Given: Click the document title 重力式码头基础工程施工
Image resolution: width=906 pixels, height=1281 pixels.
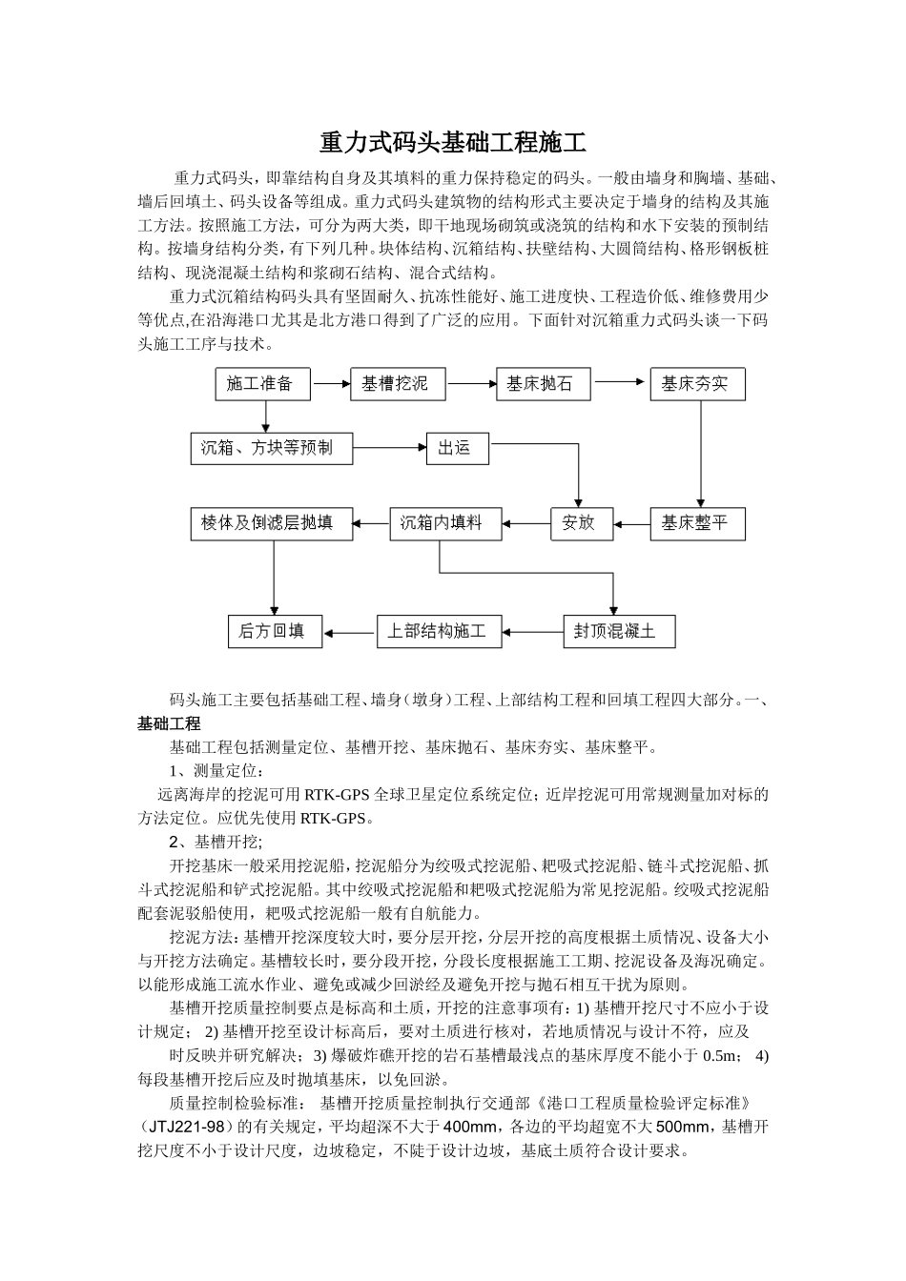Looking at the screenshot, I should (x=452, y=144).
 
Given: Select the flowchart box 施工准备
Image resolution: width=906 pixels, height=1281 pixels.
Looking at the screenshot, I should (x=260, y=384).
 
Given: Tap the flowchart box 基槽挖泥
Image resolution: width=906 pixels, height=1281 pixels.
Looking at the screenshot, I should (x=398, y=384).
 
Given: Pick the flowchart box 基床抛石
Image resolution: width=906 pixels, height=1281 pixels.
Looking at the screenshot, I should (x=543, y=384).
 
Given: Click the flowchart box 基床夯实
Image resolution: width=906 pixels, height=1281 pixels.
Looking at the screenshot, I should (x=696, y=384).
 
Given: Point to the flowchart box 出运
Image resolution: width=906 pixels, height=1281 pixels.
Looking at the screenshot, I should (x=457, y=448).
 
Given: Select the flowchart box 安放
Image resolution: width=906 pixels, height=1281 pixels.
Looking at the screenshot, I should (x=581, y=523).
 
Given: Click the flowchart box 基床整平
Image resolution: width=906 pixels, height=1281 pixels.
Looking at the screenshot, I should (x=696, y=523).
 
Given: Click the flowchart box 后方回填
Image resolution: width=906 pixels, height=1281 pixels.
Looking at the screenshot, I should (x=274, y=631).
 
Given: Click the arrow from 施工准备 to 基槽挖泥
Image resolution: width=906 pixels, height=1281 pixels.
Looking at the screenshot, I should (x=331, y=384).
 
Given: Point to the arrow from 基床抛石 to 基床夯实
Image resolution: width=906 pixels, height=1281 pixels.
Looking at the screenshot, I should (x=619, y=382).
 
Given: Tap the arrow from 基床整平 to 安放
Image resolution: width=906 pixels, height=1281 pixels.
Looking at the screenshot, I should (x=631, y=523).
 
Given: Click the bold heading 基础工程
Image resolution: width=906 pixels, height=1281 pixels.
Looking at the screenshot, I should (x=169, y=724).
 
